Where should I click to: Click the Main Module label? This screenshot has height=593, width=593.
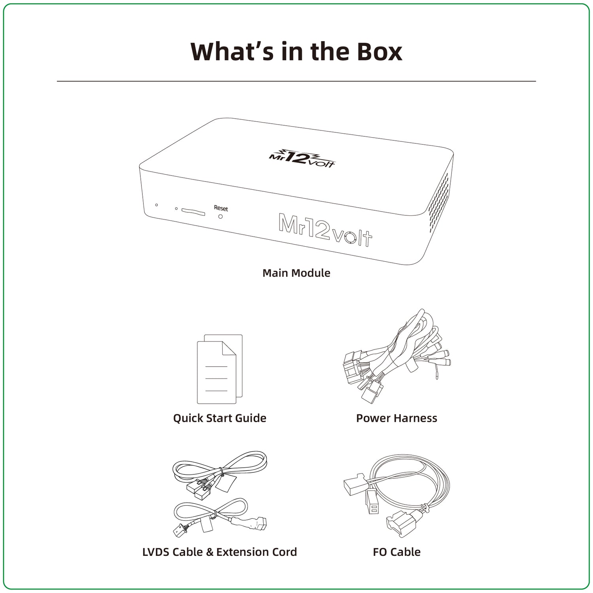[296, 273]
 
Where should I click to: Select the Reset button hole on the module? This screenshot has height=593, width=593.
[221, 216]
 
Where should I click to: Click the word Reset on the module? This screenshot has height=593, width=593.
[221, 208]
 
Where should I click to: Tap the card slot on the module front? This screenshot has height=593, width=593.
[193, 212]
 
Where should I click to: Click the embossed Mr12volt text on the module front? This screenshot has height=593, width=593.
[325, 230]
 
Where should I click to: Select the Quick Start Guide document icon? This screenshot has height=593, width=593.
[220, 369]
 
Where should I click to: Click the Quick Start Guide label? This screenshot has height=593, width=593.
[220, 418]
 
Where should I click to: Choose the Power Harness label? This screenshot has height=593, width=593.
[397, 418]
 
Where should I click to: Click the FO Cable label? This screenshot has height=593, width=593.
[397, 552]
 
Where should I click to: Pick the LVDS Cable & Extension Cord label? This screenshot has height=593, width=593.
[220, 552]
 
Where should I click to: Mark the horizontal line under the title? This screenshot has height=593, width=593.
[296, 81]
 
